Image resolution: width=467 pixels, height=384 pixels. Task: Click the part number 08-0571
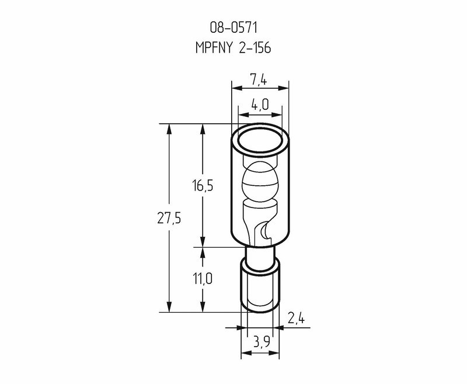click(x=233, y=27)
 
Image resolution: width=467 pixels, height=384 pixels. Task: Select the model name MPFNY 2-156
click(x=233, y=47)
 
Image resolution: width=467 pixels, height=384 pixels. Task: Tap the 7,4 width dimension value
click(x=259, y=79)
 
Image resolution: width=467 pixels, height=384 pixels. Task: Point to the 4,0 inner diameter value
click(x=260, y=105)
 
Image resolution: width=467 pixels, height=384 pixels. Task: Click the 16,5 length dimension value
click(x=203, y=186)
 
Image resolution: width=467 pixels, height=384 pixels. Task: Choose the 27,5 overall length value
click(x=169, y=219)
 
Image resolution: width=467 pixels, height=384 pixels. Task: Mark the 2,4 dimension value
click(x=296, y=319)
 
